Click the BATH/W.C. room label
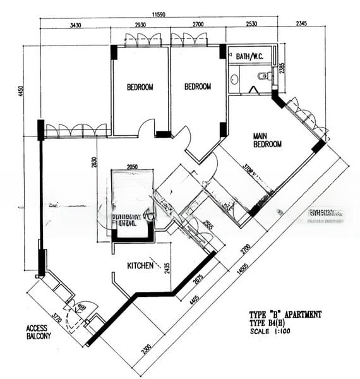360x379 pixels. coord(249,57)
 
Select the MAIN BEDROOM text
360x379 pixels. coord(267,140)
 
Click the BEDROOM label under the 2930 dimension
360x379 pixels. coord(140,87)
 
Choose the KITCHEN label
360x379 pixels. coord(140,266)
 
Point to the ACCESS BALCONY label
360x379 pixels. coord(39,332)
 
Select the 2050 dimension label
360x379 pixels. coord(131,166)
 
